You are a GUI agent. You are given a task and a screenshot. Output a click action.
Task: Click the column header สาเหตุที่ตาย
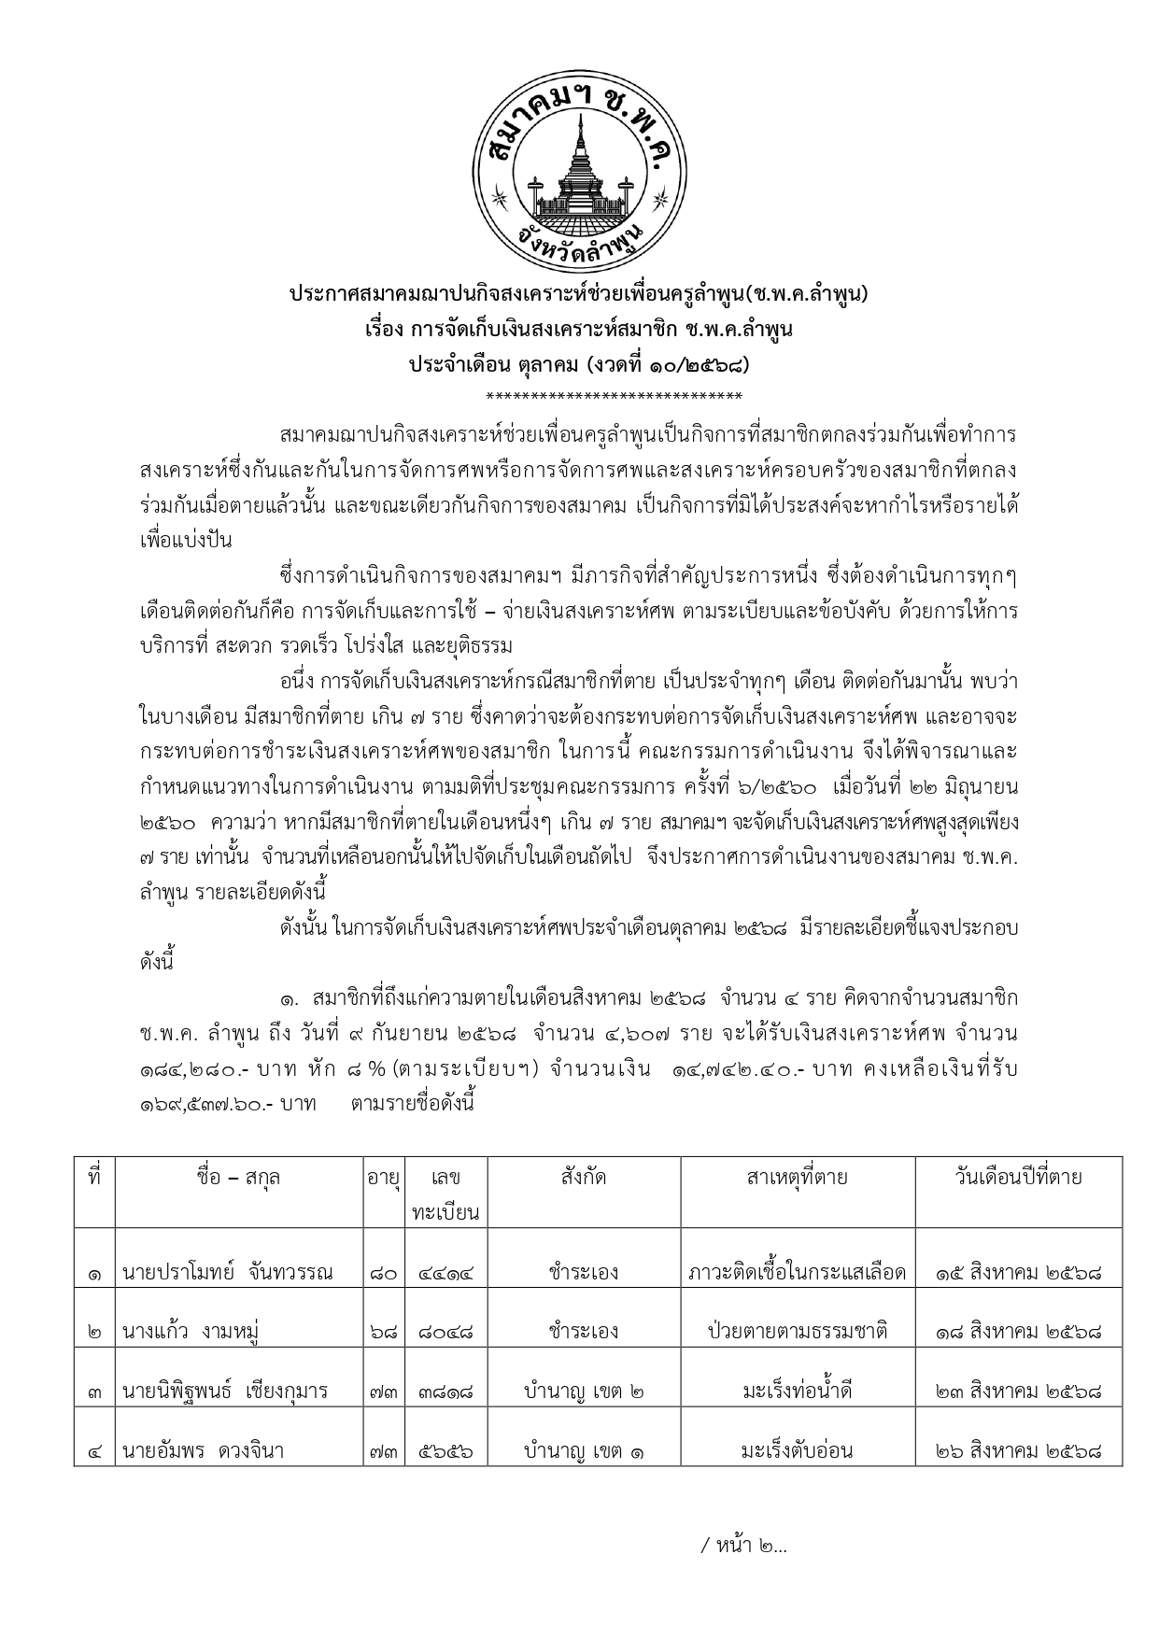pyautogui.click(x=797, y=1177)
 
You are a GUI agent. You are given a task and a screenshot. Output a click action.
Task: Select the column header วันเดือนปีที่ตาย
pyautogui.click(x=1017, y=1177)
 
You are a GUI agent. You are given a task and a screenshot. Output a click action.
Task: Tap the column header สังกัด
pyautogui.click(x=584, y=1177)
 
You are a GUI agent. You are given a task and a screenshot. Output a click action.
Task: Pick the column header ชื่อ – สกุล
pyautogui.click(x=238, y=1177)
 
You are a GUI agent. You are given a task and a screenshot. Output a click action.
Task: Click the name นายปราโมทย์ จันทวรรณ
pyautogui.click(x=227, y=1272)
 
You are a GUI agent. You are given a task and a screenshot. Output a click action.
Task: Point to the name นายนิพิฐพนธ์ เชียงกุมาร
pyautogui.click(x=225, y=1392)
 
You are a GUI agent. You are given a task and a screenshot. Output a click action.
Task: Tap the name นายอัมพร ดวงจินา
pyautogui.click(x=203, y=1451)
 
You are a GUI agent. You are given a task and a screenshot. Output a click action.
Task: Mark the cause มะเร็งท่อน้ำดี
pyautogui.click(x=797, y=1392)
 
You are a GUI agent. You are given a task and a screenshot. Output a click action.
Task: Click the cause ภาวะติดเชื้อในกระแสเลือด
pyautogui.click(x=797, y=1272)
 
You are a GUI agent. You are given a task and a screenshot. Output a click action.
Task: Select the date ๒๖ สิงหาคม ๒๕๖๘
pyautogui.click(x=1018, y=1451)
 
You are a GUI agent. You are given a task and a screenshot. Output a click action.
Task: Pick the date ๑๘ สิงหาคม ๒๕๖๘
pyautogui.click(x=1018, y=1332)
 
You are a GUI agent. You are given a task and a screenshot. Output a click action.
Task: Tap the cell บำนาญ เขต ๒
pyautogui.click(x=584, y=1392)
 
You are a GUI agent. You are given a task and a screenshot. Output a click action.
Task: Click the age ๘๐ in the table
pyautogui.click(x=383, y=1273)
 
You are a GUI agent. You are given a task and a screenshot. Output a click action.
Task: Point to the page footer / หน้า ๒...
pyautogui.click(x=743, y=1546)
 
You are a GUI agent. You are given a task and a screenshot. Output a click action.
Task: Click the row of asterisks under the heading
pyautogui.click(x=614, y=396)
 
